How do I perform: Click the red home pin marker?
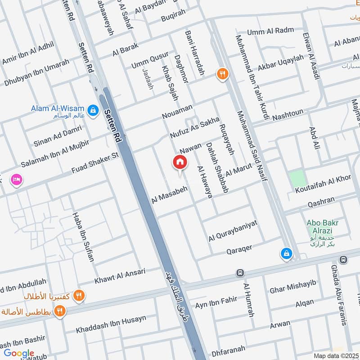(x=180, y=162)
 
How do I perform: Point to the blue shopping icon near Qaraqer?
(x=286, y=254)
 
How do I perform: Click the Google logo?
(x=19, y=353)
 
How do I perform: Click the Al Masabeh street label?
(x=170, y=194)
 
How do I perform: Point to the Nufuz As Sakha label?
(x=194, y=127)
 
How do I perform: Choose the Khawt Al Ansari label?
(x=120, y=275)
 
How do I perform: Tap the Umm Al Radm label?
(x=270, y=31)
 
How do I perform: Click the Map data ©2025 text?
(x=336, y=355)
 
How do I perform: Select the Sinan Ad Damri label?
(x=58, y=136)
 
